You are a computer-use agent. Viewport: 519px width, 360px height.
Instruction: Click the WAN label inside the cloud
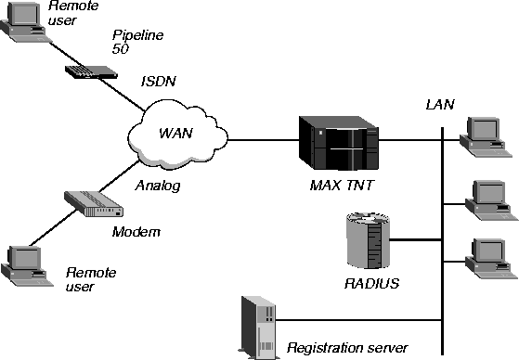175,133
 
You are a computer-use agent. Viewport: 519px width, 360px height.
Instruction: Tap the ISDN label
159,81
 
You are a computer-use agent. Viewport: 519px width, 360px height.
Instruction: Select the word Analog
158,186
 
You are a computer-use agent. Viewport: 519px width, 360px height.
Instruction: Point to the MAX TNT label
342,186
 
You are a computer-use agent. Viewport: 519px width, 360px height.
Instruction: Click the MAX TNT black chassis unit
339,143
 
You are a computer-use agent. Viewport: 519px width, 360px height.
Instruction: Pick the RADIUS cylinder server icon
368,240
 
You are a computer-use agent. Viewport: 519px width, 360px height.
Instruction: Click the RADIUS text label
371,284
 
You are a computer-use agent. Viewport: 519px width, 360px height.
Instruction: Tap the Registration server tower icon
259,328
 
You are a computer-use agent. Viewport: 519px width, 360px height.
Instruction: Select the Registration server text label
347,348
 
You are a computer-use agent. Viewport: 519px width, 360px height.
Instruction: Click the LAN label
440,105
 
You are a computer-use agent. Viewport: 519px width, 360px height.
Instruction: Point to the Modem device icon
94,204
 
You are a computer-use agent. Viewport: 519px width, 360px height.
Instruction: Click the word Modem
136,232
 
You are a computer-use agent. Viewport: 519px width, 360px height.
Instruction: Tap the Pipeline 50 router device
91,71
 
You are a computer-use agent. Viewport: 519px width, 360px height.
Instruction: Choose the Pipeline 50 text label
137,42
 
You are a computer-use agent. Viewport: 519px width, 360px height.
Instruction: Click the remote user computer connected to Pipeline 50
25,22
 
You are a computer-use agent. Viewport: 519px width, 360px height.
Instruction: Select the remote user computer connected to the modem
27,266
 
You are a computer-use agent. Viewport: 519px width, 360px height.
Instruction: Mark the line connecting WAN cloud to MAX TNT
264,140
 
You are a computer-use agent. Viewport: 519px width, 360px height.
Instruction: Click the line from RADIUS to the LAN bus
415,239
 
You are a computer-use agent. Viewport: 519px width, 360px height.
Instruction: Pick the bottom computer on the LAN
491,259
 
